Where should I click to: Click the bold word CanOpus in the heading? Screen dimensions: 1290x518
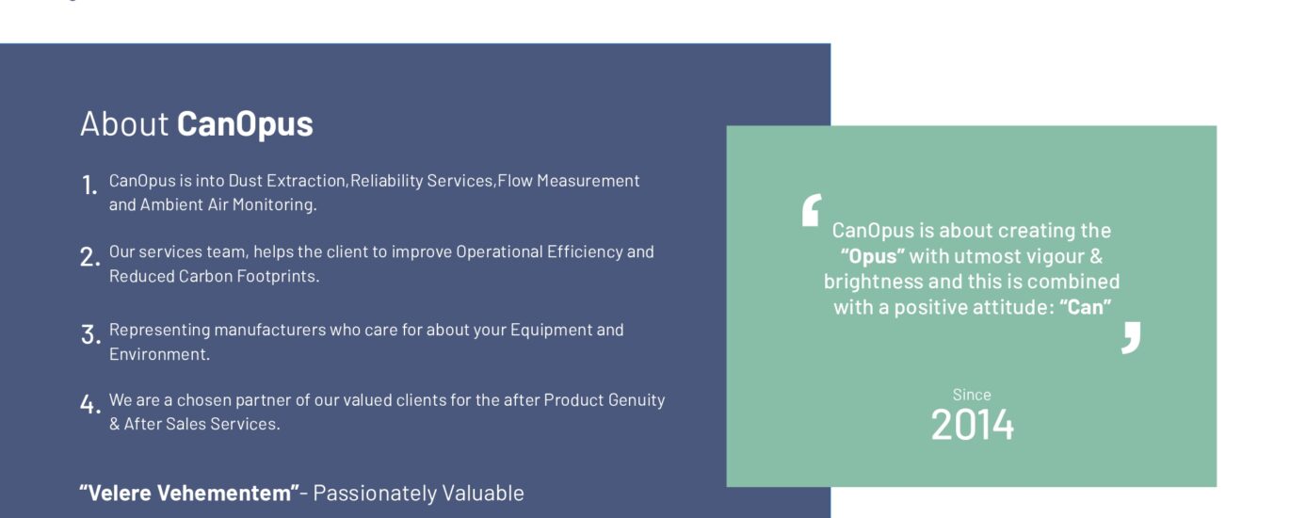(245, 124)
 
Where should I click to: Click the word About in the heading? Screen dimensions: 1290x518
(123, 123)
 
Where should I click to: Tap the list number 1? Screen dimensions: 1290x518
(89, 186)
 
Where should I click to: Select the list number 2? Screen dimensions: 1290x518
(89, 257)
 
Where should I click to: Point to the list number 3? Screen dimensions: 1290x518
(90, 334)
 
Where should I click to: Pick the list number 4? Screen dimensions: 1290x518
(90, 404)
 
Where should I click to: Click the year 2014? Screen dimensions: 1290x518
(972, 426)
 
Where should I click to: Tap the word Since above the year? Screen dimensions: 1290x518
(972, 395)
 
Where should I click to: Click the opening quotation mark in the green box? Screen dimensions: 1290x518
(812, 210)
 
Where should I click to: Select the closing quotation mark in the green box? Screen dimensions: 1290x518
(1131, 338)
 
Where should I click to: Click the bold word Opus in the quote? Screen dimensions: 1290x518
(873, 256)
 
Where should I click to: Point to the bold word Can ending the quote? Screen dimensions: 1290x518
(1085, 307)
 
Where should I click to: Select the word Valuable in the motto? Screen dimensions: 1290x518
(483, 494)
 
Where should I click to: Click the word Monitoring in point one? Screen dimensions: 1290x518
(274, 204)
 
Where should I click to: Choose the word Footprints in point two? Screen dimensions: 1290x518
(278, 276)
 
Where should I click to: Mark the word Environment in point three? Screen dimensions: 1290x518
(159, 354)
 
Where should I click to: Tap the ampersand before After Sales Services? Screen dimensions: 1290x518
(114, 424)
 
